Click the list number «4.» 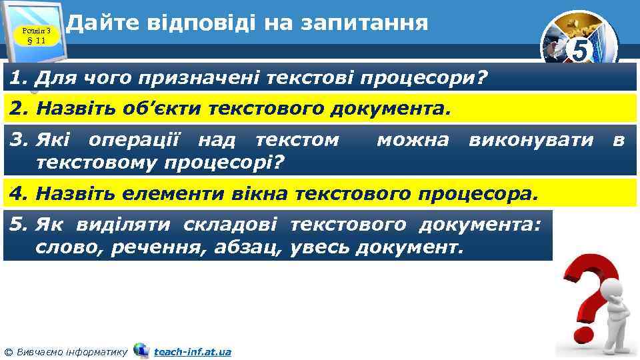[19, 195]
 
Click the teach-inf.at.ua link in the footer [192, 351]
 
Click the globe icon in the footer [141, 350]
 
